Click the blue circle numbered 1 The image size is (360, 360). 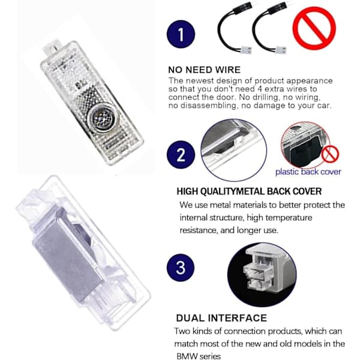coord(181,34)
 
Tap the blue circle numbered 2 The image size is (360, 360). coord(181,155)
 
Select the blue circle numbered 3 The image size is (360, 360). coord(181,268)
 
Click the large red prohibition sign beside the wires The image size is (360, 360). coord(314,28)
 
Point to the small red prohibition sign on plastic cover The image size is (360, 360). coord(330,154)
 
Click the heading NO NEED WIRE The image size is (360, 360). coord(205,70)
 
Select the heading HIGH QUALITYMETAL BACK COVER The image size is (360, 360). coord(249,191)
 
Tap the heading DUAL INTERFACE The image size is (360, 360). coord(221,318)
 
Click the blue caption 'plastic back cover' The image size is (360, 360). coord(308,172)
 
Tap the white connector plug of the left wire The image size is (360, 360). coord(246,50)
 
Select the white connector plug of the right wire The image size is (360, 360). coord(281,50)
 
